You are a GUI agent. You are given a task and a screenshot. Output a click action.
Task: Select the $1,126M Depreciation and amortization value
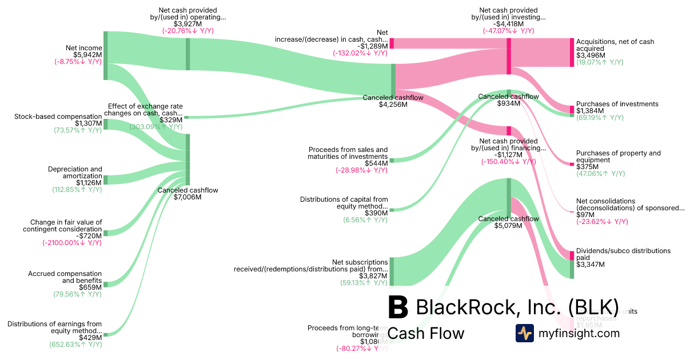click(x=88, y=183)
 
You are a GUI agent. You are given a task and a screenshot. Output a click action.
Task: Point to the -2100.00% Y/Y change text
click(x=71, y=242)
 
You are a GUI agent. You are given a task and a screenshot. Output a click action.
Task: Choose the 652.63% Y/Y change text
click(x=75, y=344)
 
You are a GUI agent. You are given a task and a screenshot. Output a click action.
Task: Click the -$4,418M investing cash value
click(x=508, y=24)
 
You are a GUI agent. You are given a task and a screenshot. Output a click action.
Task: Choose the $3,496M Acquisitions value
click(x=589, y=55)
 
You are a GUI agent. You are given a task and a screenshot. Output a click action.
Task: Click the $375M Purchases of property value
click(x=585, y=166)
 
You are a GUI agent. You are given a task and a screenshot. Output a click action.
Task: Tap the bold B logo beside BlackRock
click(x=398, y=307)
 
